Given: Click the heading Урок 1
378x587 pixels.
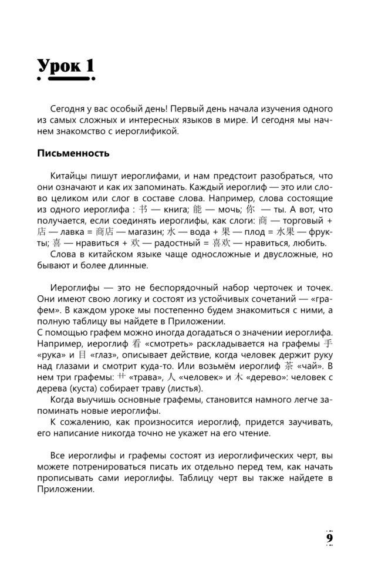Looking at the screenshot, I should pyautogui.click(x=65, y=66).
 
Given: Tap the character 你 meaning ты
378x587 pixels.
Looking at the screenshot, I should pyautogui.click(x=249, y=209).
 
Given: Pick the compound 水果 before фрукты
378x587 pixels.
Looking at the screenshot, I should pyautogui.click(x=281, y=232).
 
